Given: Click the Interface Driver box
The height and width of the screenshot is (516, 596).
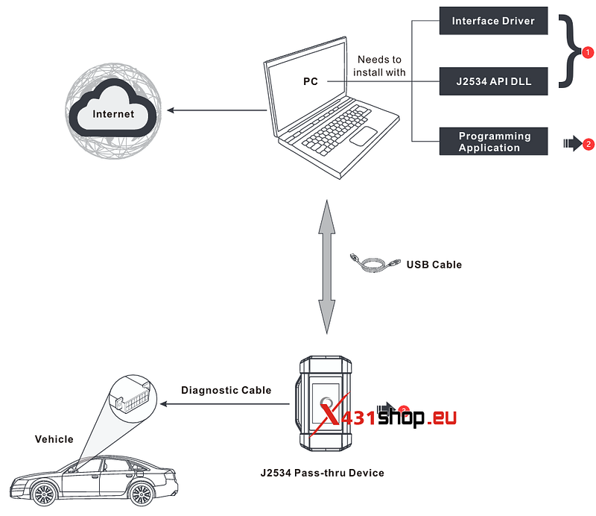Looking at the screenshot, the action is pos(493,21).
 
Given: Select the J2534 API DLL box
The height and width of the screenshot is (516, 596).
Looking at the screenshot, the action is pos(493,81).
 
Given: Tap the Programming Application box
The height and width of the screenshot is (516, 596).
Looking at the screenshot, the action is pos(493,141).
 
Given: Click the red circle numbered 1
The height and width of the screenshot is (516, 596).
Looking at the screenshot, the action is pos(588,52).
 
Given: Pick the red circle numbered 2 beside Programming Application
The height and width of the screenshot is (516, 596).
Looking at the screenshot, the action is pos(589,144).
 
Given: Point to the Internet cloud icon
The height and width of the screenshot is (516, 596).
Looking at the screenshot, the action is pos(113,110).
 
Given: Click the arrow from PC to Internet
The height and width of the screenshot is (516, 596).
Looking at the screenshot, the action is pos(217,110).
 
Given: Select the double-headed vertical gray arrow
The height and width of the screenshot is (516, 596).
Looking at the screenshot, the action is pos(326,267).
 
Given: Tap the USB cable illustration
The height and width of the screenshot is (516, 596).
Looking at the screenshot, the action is pos(375,263).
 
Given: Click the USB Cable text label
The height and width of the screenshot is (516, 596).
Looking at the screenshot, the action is pos(434,265).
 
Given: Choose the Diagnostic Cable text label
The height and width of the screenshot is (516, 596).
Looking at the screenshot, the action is pos(226,390).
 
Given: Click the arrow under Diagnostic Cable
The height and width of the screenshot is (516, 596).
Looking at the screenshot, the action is pos(225,403).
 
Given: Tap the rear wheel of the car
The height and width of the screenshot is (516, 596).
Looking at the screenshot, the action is pos(142,494).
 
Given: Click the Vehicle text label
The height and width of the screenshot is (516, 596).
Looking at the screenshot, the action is pos(54,439).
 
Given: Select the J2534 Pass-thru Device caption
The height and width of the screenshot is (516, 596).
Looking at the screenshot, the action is pos(323,473).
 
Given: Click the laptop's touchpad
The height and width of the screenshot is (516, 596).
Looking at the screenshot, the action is pos(363,136).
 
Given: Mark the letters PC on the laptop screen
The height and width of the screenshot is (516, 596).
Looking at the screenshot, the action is pos(311,81).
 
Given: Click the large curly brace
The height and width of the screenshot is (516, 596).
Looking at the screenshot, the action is pos(570,51).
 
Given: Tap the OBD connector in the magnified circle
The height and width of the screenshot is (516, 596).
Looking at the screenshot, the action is pos(133,398).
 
